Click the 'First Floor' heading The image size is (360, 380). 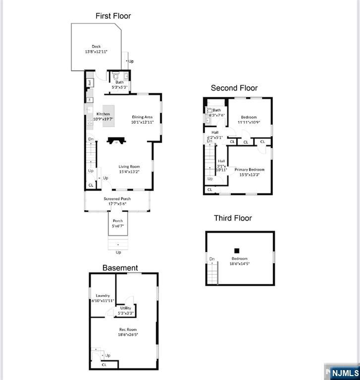pyautogui.click(x=113, y=16)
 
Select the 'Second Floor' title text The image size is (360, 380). pyautogui.click(x=234, y=88)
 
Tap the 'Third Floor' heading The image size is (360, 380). pyautogui.click(x=233, y=218)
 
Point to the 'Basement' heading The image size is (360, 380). pyautogui.click(x=120, y=268)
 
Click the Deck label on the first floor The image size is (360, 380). pyautogui.click(x=96, y=47)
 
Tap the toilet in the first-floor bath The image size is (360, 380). pyautogui.click(x=116, y=77)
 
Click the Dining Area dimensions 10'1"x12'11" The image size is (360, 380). pyautogui.click(x=142, y=122)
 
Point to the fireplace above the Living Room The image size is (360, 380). pyautogui.click(x=116, y=141)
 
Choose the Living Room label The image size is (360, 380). pyautogui.click(x=129, y=167)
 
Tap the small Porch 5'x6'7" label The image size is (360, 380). pyautogui.click(x=118, y=221)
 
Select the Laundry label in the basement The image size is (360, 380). pyautogui.click(x=103, y=296)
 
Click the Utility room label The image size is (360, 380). pyautogui.click(x=126, y=308)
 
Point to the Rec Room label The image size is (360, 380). pyautogui.click(x=128, y=330)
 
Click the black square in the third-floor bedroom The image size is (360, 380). pyautogui.click(x=237, y=250)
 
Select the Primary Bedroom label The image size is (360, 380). pyautogui.click(x=249, y=170)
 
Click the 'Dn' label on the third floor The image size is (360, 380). pyautogui.click(x=212, y=259)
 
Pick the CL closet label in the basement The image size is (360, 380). pyautogui.click(x=104, y=365)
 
